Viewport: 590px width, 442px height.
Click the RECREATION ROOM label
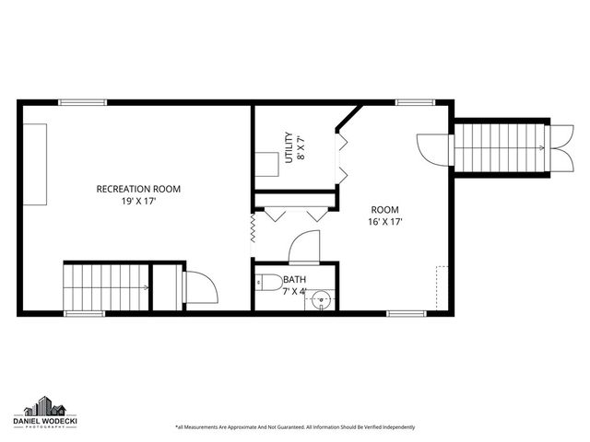pyautogui.click(x=138, y=189)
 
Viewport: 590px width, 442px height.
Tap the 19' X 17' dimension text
pyautogui.click(x=138, y=201)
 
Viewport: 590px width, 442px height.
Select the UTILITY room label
pyautogui.click(x=289, y=146)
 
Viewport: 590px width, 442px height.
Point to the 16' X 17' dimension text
pyautogui.click(x=384, y=222)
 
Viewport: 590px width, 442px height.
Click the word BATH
pyautogui.click(x=295, y=280)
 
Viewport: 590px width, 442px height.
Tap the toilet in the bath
pyautogui.click(x=268, y=282)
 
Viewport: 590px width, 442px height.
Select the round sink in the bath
pyautogui.click(x=321, y=298)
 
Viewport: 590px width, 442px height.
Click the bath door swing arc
pyautogui.click(x=304, y=247)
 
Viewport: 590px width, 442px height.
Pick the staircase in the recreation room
pyautogui.click(x=103, y=287)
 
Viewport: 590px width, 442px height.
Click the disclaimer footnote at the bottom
pyautogui.click(x=295, y=427)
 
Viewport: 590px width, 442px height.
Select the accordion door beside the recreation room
pyautogui.click(x=252, y=230)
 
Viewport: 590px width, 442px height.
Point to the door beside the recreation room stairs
pyautogui.click(x=201, y=287)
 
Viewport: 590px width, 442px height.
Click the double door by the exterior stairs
pyautogui.click(x=430, y=149)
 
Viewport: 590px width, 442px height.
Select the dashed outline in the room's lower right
pyautogui.click(x=442, y=287)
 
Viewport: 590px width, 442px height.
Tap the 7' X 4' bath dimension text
pyautogui.click(x=295, y=292)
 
